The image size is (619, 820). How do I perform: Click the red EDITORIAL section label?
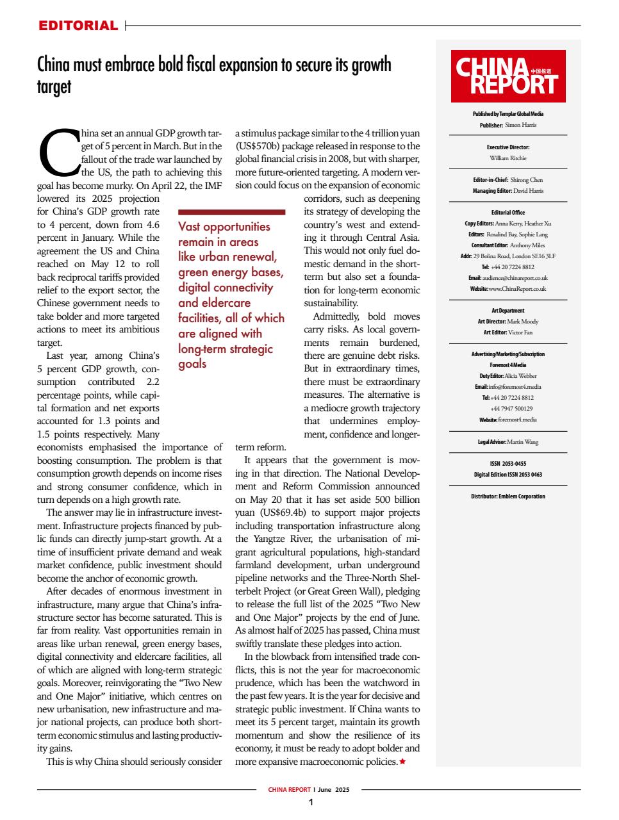tap(78, 26)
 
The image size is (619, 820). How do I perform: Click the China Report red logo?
tap(508, 76)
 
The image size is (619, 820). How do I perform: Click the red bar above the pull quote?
tap(231, 211)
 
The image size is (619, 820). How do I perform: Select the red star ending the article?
tap(402, 762)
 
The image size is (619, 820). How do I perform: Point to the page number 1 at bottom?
tap(310, 803)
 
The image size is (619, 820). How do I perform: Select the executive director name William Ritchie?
tap(508, 157)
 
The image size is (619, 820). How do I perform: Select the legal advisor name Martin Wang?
tap(522, 442)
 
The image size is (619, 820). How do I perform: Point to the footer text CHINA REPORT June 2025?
tap(309, 790)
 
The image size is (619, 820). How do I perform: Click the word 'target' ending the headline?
tap(54, 87)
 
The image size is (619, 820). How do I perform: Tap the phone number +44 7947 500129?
tap(511, 408)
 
